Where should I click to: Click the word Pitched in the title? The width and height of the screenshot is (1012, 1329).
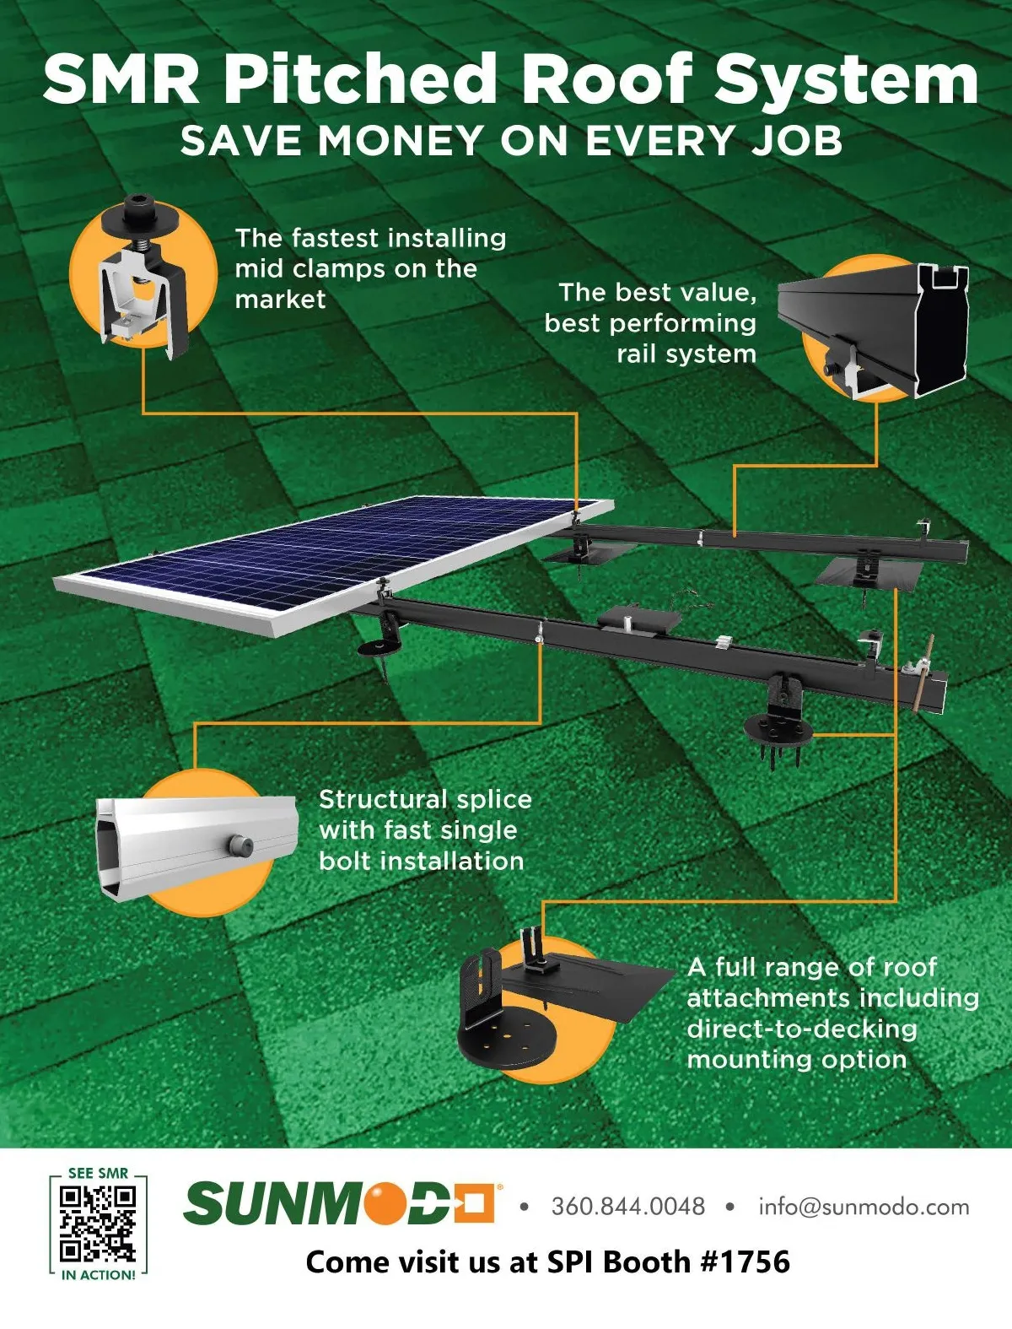pos(362,78)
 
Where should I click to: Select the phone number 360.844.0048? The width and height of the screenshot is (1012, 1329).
pos(628,1206)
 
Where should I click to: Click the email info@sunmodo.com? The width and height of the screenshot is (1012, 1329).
pos(864,1207)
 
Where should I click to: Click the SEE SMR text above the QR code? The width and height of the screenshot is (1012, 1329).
pos(98,1174)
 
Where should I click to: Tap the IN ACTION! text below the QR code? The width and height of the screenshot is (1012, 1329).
pos(99,1274)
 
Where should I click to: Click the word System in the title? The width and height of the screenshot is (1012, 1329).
pos(846,78)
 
